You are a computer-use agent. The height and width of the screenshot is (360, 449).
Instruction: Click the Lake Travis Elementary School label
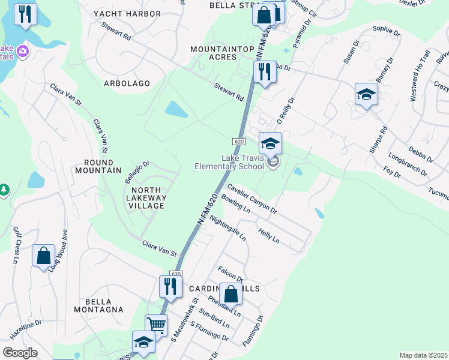229,163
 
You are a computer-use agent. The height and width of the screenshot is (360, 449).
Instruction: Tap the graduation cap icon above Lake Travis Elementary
270,143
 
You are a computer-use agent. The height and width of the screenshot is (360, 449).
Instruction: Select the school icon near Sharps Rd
366,94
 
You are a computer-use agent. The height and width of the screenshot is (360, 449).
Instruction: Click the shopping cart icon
156,325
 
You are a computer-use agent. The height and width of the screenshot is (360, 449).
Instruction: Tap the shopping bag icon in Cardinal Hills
231,294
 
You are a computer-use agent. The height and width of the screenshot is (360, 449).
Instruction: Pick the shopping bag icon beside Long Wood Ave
44,256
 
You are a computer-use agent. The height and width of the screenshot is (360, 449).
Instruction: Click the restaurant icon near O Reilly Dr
264,72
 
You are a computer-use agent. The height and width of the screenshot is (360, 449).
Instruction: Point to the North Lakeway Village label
144,198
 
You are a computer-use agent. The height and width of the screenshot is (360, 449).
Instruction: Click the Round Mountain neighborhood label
98,166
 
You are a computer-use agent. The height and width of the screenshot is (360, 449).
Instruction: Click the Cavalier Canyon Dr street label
252,199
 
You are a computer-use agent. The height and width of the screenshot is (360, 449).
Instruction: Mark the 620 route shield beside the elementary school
239,141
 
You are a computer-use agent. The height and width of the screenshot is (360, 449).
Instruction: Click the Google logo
20,353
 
